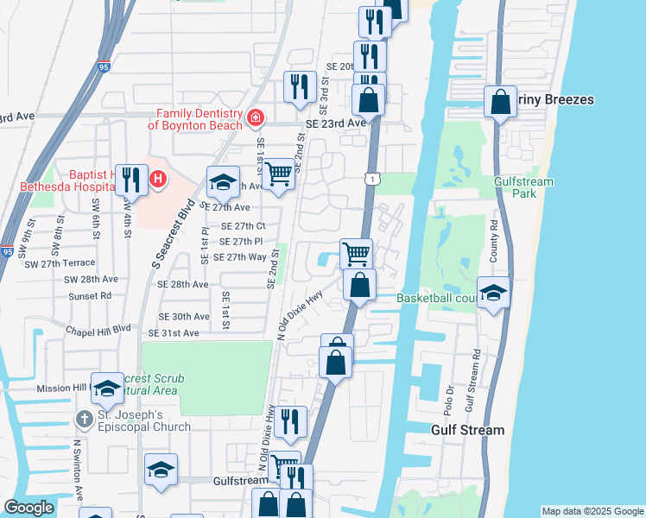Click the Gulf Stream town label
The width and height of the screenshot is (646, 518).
[467, 430]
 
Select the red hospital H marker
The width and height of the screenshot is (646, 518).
[158, 180]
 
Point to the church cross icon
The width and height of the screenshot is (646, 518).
[83, 420]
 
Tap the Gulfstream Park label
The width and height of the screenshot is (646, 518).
[523, 188]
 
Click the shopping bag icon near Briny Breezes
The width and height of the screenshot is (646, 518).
[500, 102]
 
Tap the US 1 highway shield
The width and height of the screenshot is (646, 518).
[370, 178]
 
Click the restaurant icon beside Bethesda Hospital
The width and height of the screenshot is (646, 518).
[130, 180]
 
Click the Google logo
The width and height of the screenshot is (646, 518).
[28, 508]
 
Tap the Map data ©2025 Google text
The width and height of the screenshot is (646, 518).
[592, 511]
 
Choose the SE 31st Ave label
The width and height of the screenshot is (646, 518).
[174, 333]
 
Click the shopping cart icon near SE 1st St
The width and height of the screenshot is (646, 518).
[278, 174]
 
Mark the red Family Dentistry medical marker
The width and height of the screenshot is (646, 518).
[256, 118]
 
